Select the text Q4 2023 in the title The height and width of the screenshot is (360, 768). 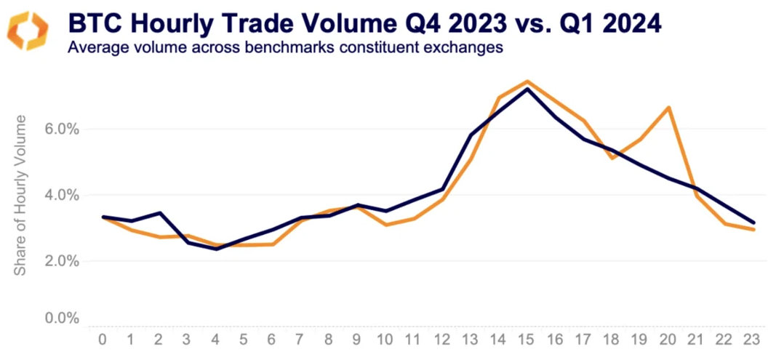pyautogui.click(x=450, y=24)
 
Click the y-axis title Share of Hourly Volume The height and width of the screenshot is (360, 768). pyautogui.click(x=22, y=194)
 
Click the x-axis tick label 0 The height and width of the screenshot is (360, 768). pyautogui.click(x=103, y=340)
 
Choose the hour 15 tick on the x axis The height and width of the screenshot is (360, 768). pyautogui.click(x=527, y=340)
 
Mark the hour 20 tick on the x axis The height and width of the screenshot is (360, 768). pyautogui.click(x=668, y=340)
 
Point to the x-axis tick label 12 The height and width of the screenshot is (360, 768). pyautogui.click(x=441, y=340)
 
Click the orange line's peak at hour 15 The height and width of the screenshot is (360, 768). pyautogui.click(x=527, y=81)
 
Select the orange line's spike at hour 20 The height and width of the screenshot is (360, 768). pyautogui.click(x=668, y=108)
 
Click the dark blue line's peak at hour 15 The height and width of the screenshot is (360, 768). pyautogui.click(x=527, y=89)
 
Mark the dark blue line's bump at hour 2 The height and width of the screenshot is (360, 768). pyautogui.click(x=159, y=213)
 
